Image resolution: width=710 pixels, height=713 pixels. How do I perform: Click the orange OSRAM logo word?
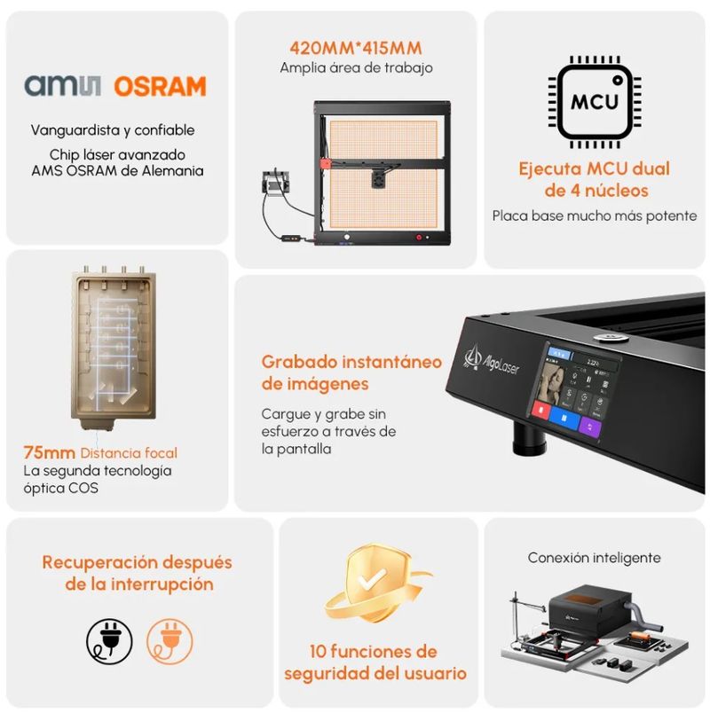click(160, 86)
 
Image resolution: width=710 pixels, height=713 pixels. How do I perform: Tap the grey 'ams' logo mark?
click(63, 85)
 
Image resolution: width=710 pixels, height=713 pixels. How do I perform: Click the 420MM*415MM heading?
click(356, 48)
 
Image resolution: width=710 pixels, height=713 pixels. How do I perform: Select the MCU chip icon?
click(595, 102)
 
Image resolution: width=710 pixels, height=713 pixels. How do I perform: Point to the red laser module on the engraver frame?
click(326, 164)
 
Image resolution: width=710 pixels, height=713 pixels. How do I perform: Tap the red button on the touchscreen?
click(540, 411)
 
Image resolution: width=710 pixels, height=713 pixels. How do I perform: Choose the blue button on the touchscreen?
click(564, 418)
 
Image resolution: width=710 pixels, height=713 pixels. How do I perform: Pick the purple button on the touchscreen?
click(590, 426)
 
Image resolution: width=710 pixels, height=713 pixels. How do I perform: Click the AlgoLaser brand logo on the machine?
click(492, 362)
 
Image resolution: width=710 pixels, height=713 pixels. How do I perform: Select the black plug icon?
click(109, 641)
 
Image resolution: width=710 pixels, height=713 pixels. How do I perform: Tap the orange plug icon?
click(170, 641)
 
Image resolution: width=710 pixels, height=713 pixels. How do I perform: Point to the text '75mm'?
click(49, 453)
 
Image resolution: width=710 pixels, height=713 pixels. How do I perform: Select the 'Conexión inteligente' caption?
click(594, 558)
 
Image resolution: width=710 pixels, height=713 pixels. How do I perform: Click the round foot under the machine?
click(529, 439)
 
